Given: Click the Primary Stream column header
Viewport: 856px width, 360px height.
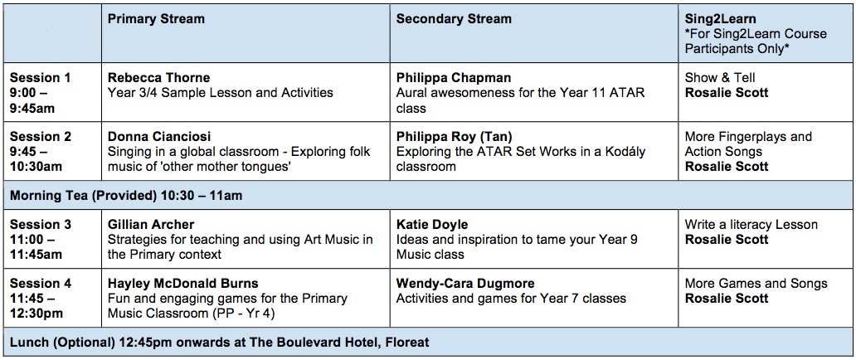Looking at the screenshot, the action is (156, 19).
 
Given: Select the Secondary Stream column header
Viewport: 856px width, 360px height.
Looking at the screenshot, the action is (454, 19).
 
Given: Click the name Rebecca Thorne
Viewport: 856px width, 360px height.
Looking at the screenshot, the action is (159, 78).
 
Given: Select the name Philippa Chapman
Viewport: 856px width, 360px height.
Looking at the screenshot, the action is (454, 78).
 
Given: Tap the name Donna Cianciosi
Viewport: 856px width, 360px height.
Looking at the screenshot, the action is (159, 136).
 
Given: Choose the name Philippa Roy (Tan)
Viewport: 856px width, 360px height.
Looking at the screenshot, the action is (455, 136).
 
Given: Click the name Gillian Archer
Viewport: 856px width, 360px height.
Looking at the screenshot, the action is (151, 225).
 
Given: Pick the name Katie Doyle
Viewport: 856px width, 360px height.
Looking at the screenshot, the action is (432, 225).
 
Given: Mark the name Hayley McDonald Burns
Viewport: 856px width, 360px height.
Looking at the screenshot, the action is (182, 284).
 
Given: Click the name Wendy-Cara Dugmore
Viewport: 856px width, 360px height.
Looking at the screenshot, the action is (465, 284).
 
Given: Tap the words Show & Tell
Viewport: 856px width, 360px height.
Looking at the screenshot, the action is (720, 78).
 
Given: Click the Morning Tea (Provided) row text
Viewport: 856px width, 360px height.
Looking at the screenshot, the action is (126, 195).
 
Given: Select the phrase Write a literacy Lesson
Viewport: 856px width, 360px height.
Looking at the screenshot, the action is (751, 225).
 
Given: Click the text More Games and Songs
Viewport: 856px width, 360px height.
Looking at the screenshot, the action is (756, 284).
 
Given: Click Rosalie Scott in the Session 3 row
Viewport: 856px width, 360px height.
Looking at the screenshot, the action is (726, 239).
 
